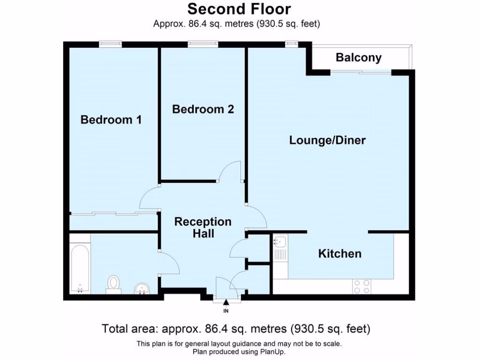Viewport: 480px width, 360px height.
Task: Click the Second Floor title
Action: point(240,9)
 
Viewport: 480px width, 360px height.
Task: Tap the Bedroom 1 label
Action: point(111,120)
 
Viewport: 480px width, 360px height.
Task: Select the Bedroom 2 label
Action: point(203,109)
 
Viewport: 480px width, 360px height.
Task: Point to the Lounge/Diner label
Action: point(327,140)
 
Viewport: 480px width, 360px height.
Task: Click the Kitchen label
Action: point(340,254)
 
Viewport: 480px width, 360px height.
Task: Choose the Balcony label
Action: point(359,58)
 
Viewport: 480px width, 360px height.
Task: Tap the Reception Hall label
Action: point(203,227)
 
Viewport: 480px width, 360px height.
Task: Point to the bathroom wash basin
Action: point(142,288)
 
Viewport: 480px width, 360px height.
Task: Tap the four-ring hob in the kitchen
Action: point(361,286)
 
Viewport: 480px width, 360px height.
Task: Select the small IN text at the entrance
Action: point(226,310)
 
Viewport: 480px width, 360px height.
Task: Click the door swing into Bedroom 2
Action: point(231,171)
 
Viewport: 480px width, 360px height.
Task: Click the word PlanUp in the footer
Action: point(273,352)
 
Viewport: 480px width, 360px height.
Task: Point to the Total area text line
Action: point(236,328)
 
